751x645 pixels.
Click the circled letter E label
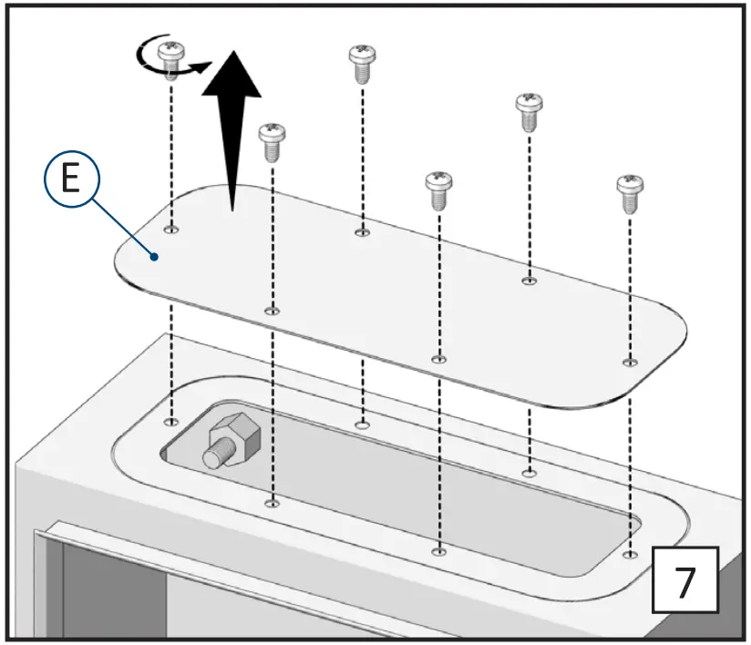click(x=69, y=180)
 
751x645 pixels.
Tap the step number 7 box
click(x=685, y=580)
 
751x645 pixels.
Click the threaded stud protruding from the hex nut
click(x=215, y=455)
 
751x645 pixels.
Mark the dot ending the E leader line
click(x=157, y=257)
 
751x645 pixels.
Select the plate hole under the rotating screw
click(x=170, y=228)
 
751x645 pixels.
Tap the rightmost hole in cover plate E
click(x=628, y=363)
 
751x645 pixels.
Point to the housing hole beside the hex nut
click(x=170, y=422)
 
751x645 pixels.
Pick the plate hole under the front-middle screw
click(x=438, y=359)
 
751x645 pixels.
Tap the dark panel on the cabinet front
click(x=109, y=592)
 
